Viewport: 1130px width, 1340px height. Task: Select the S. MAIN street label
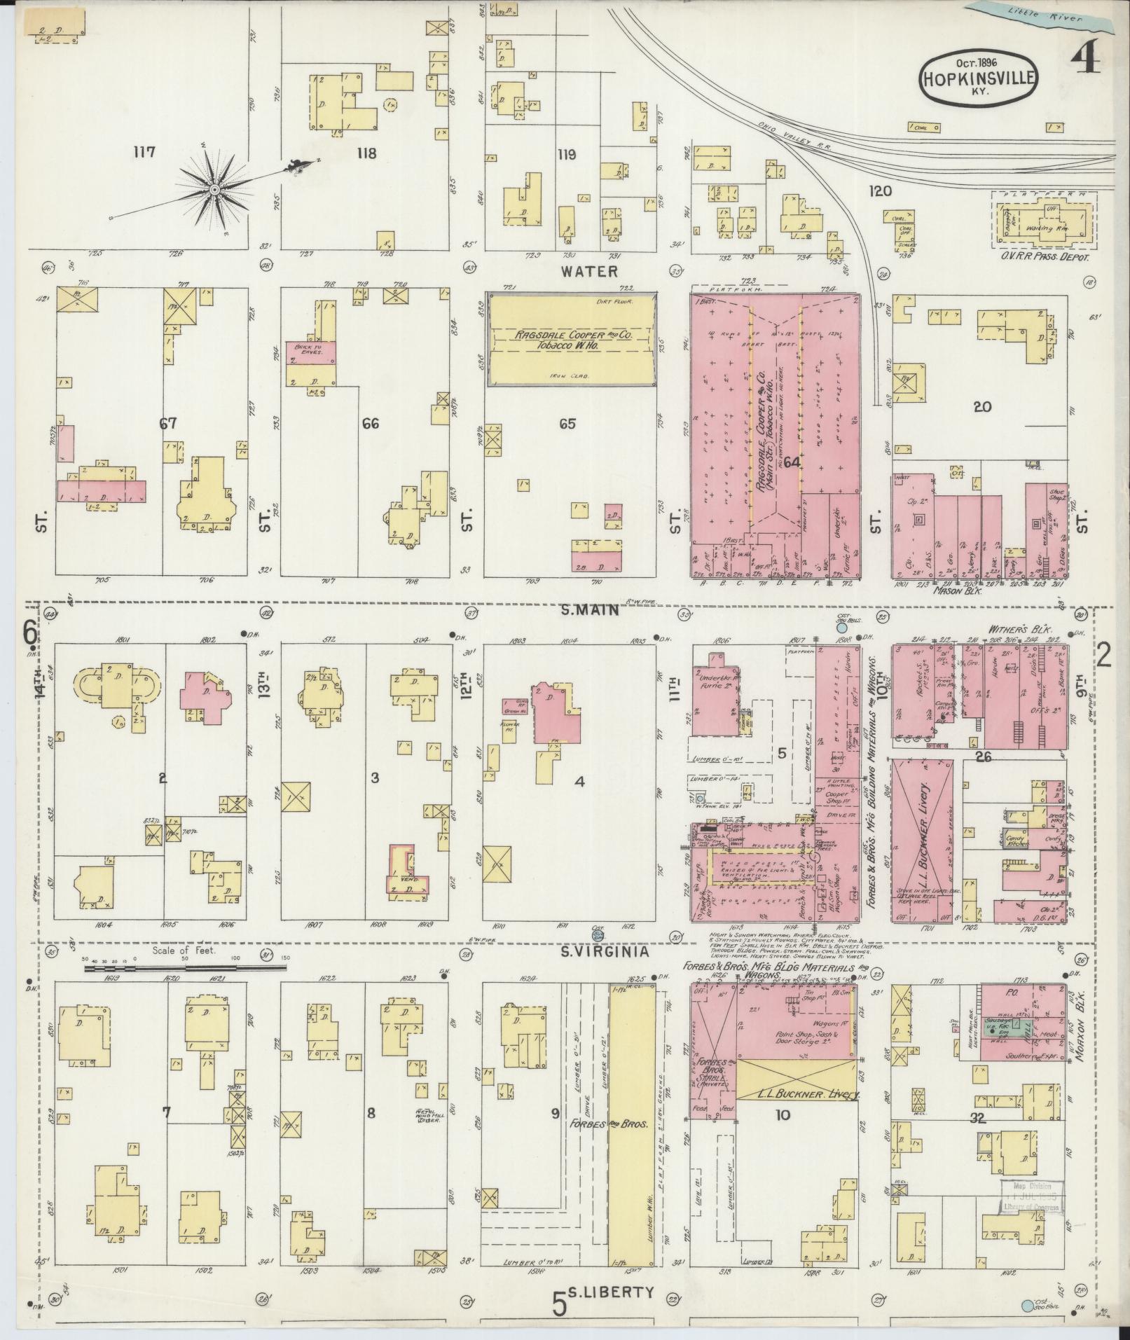(x=590, y=610)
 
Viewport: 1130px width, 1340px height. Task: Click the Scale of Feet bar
(x=186, y=969)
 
